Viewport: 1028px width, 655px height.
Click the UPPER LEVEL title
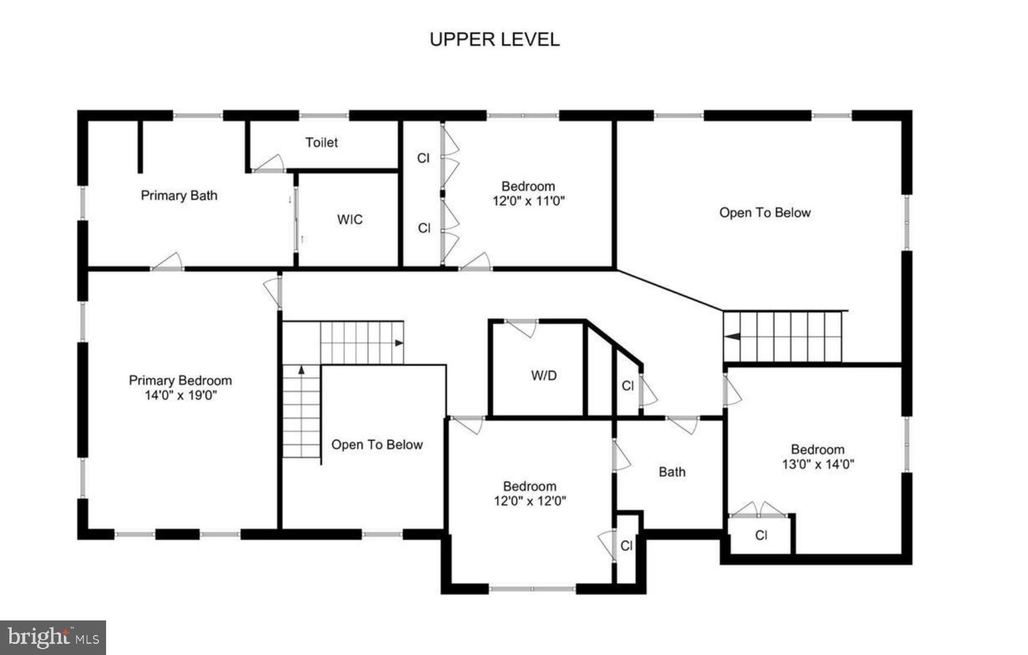tap(494, 39)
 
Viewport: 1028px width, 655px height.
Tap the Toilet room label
tap(321, 142)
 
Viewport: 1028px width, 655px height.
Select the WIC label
tap(349, 220)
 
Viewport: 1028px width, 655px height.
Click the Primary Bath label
tap(179, 196)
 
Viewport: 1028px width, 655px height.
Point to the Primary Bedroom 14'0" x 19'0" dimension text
tap(181, 395)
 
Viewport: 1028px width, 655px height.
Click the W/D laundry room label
tap(543, 376)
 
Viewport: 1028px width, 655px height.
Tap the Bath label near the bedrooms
tap(672, 472)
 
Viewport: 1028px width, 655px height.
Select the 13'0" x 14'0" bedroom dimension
tap(818, 465)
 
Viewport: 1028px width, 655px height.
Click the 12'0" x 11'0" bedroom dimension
tap(528, 201)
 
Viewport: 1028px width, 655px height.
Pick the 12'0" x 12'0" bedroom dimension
tap(529, 501)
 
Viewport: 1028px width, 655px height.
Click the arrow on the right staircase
tap(733, 336)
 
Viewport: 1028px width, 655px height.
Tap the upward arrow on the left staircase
tap(301, 370)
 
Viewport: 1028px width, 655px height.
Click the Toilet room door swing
tap(271, 163)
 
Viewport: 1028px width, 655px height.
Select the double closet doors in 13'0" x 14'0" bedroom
tap(759, 510)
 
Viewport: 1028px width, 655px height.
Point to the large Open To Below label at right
tap(764, 213)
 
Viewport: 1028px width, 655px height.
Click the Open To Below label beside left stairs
tap(376, 445)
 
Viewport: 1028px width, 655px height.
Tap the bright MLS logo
tap(53, 637)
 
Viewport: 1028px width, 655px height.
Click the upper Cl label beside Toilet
tap(423, 158)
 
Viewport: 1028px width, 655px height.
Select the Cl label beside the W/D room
tap(627, 386)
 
